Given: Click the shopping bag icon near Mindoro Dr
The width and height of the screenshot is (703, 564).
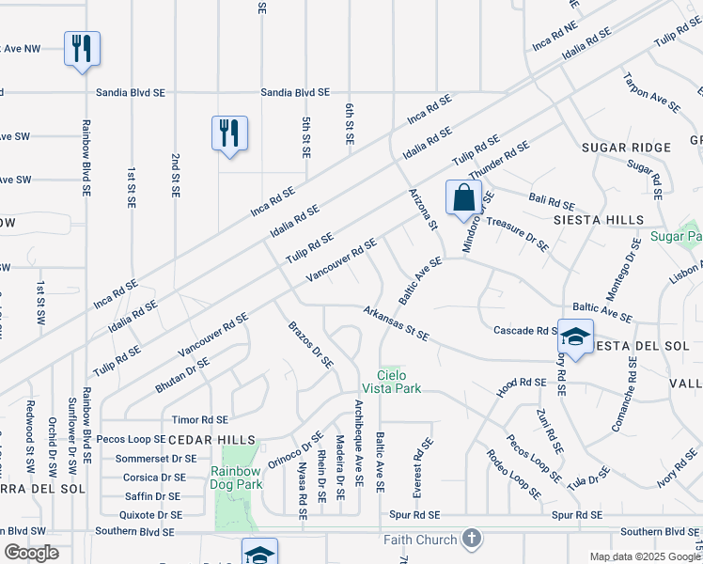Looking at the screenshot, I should coord(463,198).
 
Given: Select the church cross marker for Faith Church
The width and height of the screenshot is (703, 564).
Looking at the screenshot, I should coord(472,540).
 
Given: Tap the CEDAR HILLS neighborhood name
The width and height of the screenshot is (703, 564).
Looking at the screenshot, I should coord(211,440).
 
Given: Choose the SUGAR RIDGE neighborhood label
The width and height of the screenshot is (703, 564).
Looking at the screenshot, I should coord(626,148).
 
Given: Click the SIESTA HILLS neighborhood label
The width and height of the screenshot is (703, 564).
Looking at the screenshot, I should coord(611,220).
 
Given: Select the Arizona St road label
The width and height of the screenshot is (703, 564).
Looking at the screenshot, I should coord(423,208).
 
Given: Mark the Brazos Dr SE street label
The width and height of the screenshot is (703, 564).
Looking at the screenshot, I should coord(309,344).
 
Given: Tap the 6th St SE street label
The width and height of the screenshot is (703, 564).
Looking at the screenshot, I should coord(349,124).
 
